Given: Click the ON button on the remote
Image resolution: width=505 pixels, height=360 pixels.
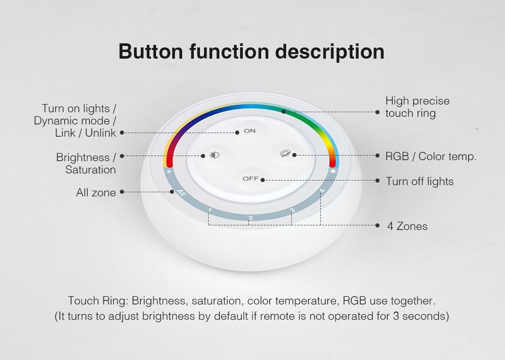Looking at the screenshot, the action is [x=249, y=131].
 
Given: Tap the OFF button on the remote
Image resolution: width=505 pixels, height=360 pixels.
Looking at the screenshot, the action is [x=250, y=178].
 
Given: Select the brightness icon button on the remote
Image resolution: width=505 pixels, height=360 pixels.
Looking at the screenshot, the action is [x=214, y=155].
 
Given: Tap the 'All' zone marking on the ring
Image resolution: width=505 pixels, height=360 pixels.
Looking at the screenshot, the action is [x=182, y=193].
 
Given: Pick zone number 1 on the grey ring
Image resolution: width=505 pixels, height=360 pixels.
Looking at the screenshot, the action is [x=210, y=211].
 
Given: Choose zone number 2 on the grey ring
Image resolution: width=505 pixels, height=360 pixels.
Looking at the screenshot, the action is [x=250, y=218].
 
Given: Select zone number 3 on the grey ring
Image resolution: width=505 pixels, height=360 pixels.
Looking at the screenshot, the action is [x=292, y=211].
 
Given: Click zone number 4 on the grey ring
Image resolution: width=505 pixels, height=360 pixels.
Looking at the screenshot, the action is [x=322, y=191].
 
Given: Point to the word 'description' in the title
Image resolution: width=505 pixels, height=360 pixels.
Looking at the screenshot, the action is [x=330, y=52].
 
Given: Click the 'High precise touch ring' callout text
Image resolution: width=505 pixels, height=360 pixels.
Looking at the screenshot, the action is [x=417, y=107].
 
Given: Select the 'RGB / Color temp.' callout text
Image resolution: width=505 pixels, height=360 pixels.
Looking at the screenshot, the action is [x=431, y=157].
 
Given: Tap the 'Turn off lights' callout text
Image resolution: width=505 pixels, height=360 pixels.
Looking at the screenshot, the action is [x=420, y=182].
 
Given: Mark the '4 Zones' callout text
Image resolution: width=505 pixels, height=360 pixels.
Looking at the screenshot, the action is [x=408, y=226].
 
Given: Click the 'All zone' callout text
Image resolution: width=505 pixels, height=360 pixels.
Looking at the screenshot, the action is [x=96, y=192].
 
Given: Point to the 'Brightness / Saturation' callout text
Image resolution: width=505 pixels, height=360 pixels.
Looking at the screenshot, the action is [x=86, y=163].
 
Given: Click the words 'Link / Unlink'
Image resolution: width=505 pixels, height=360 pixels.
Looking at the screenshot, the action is [x=85, y=133].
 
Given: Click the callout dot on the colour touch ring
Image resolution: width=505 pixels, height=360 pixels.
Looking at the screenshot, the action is [x=284, y=112].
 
